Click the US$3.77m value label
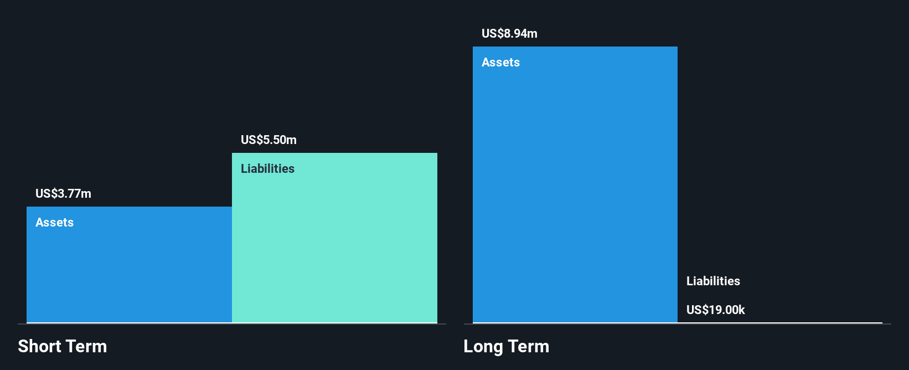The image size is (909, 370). [63, 193]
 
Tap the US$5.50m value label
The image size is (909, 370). [268, 140]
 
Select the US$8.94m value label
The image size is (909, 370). [509, 33]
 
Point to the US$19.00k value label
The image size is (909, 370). [715, 310]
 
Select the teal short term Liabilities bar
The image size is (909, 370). [334, 244]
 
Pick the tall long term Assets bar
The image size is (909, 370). [575, 188]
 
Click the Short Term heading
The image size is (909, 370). [62, 346]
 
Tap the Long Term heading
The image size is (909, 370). [506, 346]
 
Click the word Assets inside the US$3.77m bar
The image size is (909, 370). [54, 222]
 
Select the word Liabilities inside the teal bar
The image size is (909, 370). [267, 168]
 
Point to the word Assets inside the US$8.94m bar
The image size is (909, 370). [500, 62]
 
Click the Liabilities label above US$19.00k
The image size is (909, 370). [713, 281]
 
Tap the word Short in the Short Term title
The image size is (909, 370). [39, 346]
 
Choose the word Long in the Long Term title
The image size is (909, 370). [483, 347]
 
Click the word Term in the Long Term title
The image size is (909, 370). [529, 346]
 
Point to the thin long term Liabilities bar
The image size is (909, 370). [779, 322]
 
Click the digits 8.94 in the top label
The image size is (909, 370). [515, 33]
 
